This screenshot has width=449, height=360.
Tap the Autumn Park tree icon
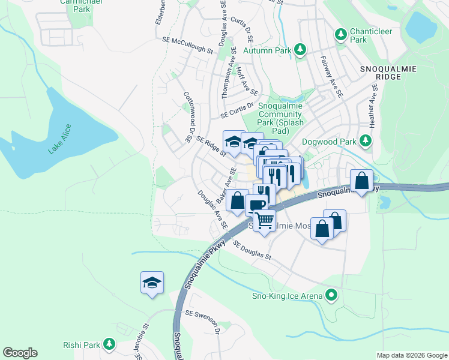coord(302,49)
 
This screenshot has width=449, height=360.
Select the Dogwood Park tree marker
coord(365,142)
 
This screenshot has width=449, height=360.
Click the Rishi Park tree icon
coord(109,344)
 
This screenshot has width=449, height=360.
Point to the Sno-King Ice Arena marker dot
coord(330,295)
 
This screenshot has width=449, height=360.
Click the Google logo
coord(20,352)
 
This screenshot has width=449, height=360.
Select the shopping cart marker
coord(264,221)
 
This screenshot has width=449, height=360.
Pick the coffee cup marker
coord(256,205)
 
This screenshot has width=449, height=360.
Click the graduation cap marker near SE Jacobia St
coord(152,282)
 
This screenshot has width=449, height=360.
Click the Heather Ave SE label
coord(374,105)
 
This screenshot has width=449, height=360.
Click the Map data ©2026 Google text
coord(411,355)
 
